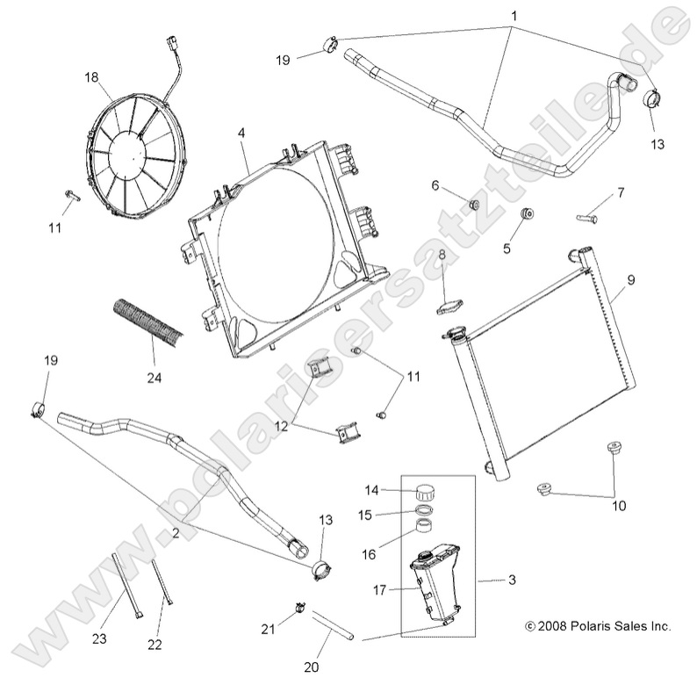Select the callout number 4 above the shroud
click(x=241, y=134)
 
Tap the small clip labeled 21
click(x=298, y=606)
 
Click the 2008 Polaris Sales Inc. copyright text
click(x=597, y=626)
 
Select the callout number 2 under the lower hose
click(x=176, y=532)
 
